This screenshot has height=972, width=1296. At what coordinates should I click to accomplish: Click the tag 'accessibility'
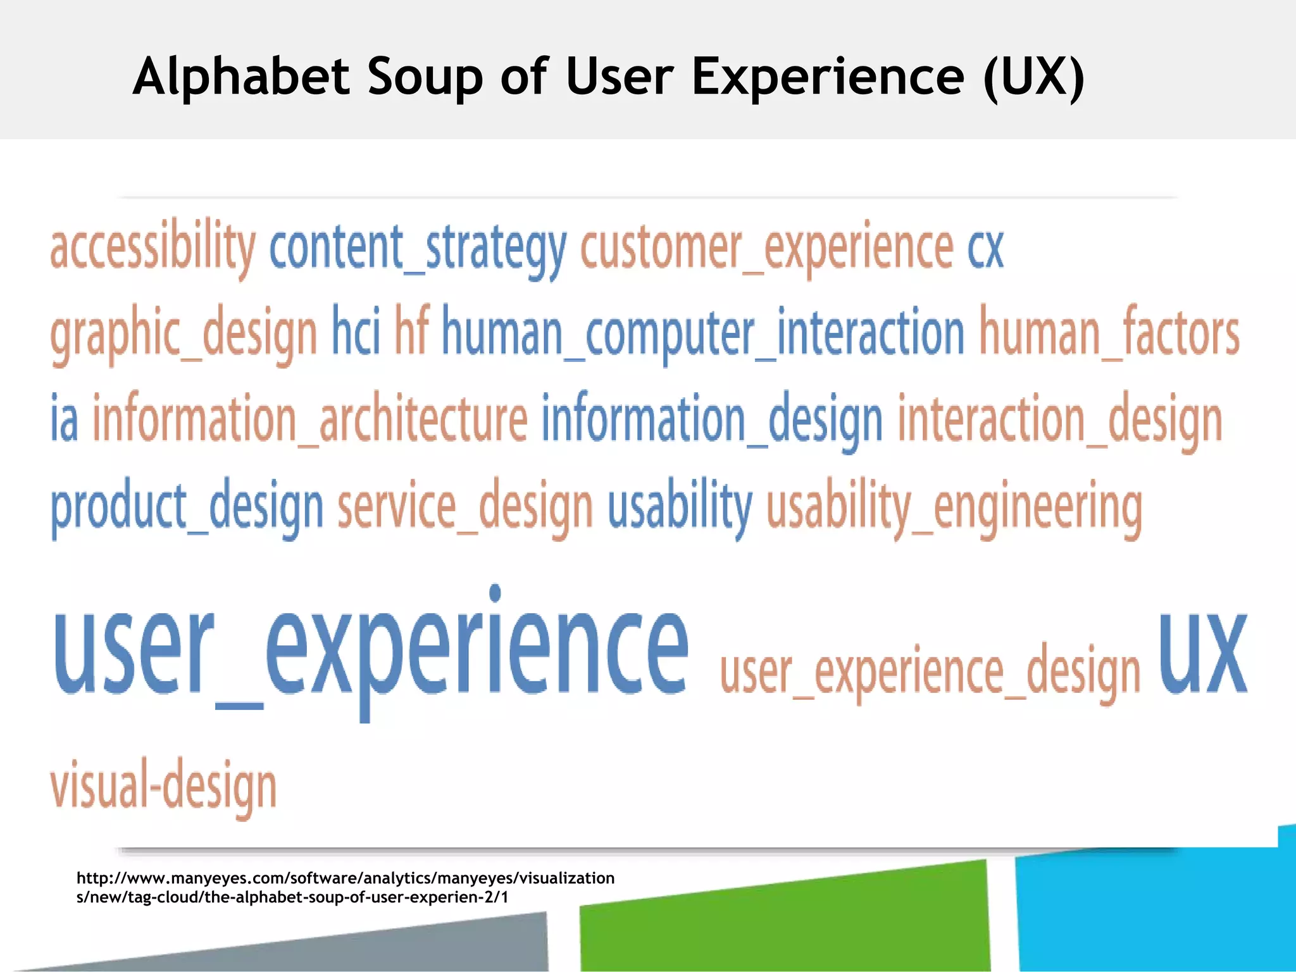(153, 248)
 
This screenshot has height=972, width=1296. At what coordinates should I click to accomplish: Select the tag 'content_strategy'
(418, 248)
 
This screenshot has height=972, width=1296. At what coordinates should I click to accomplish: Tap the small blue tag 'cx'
(985, 248)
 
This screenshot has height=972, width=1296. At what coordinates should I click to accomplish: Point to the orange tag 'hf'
(412, 330)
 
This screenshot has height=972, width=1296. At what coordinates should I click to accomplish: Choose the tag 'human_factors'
(1109, 334)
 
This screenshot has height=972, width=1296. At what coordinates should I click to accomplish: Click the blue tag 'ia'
(65, 418)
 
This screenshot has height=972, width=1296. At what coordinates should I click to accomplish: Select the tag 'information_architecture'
(310, 419)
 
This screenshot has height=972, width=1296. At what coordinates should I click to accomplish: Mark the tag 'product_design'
(187, 508)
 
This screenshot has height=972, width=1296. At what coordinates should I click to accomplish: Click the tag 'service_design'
(465, 508)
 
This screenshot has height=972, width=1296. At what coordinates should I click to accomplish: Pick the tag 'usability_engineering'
(954, 508)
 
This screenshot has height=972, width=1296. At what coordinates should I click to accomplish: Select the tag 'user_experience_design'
(930, 672)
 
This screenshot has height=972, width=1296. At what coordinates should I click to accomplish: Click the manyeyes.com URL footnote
(345, 887)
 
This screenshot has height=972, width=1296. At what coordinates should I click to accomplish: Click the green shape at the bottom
(785, 918)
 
